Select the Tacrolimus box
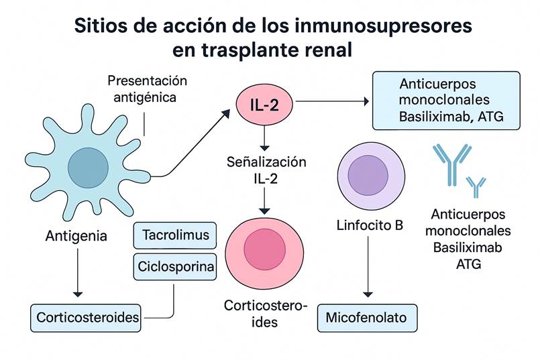176,235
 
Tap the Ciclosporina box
176,267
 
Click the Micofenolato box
366,317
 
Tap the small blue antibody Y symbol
476,186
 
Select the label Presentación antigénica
147,88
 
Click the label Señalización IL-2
266,170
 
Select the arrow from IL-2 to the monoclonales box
332,102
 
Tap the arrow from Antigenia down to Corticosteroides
78,272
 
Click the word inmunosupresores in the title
374,26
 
